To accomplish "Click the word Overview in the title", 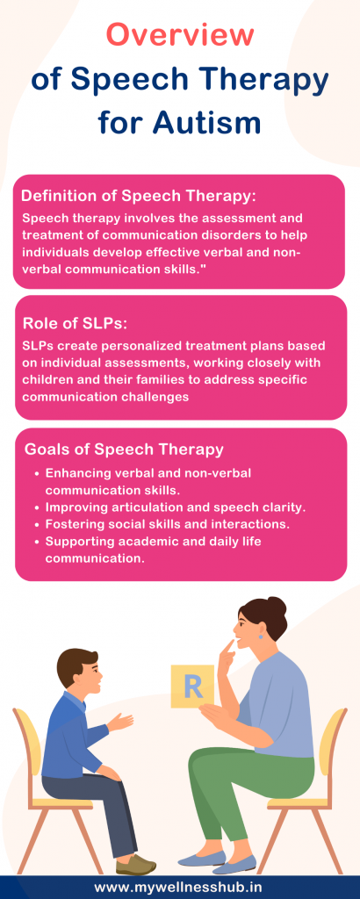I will (x=180, y=35).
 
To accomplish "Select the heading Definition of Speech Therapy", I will (x=138, y=196).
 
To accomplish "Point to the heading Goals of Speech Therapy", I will (x=124, y=449).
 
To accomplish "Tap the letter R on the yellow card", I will (x=193, y=686).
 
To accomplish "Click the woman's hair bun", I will (x=276, y=608).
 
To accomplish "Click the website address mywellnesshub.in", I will (x=180, y=887).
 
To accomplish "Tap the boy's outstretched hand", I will (x=121, y=722).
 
